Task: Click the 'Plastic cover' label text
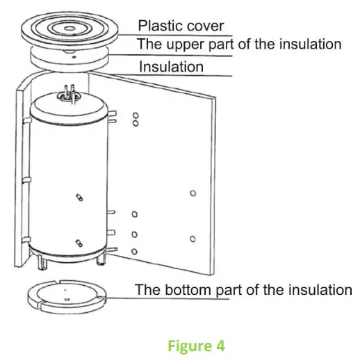[x=181, y=26]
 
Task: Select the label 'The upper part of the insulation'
[x=239, y=45]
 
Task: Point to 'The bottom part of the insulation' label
[x=243, y=289]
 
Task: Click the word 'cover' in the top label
[x=206, y=26]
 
